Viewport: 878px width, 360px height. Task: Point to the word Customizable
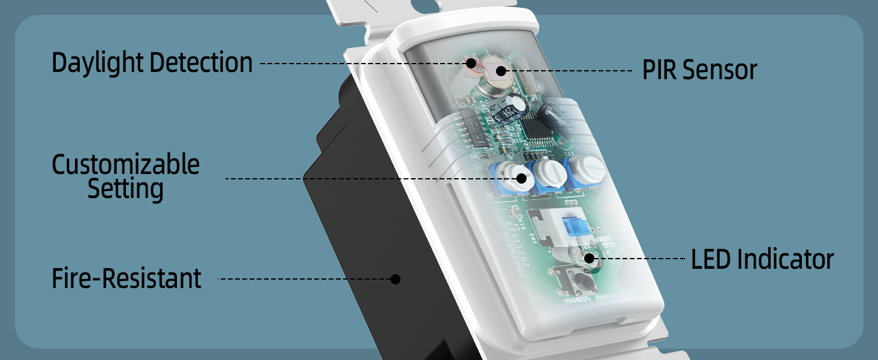click(125, 164)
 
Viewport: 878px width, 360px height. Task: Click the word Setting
click(125, 188)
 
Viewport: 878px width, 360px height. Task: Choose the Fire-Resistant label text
click(126, 279)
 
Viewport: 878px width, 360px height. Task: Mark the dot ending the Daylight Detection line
click(471, 62)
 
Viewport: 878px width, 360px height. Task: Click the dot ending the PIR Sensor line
click(501, 71)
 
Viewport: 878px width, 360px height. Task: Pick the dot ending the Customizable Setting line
click(521, 178)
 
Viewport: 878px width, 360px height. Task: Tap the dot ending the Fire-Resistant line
click(395, 278)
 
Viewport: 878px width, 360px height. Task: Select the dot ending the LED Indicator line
click(590, 259)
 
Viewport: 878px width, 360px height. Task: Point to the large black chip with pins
click(536, 132)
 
